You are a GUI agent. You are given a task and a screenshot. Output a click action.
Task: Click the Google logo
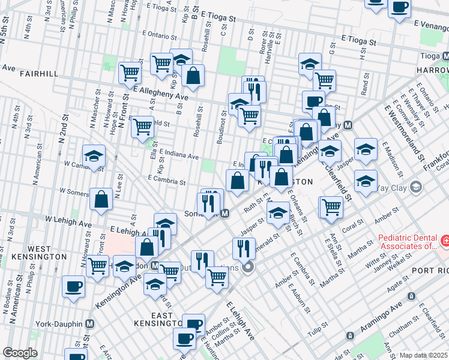[x=20, y=353]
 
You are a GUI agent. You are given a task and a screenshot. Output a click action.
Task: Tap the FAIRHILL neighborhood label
[x=39, y=74]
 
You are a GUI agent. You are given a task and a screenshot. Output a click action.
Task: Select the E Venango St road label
[x=433, y=23]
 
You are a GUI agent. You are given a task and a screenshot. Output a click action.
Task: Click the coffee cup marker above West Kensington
[x=73, y=286]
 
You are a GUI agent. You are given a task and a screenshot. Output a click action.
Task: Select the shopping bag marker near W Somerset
[x=101, y=198]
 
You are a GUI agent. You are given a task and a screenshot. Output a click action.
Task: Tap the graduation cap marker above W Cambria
[x=94, y=156]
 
